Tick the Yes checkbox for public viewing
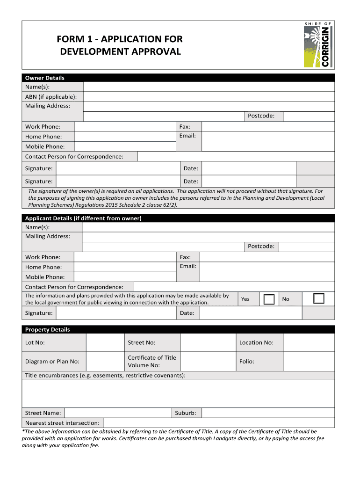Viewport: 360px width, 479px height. point(269,299)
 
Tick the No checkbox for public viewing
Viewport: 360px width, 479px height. point(318,299)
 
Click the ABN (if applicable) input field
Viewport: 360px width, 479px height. point(209,96)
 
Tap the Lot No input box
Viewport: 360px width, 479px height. point(105,342)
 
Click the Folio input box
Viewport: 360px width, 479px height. point(309,361)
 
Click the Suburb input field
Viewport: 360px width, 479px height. point(268,413)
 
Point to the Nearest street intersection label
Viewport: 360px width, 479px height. point(62,423)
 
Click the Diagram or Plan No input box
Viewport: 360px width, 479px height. point(105,361)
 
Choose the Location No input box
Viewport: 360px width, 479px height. point(309,342)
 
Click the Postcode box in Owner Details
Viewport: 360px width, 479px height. point(309,116)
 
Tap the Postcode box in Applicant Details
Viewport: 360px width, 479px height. point(306,247)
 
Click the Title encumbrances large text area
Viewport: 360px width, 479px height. point(178,393)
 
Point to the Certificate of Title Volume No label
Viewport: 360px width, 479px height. point(152,361)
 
